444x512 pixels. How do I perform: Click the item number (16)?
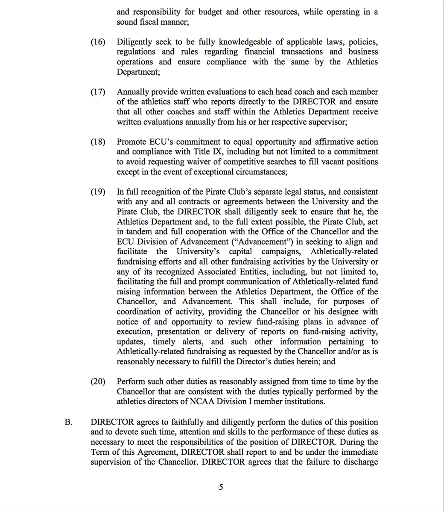(98, 42)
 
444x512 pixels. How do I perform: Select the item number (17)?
(98, 92)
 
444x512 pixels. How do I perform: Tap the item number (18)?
(98, 142)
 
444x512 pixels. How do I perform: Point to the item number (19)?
(98, 192)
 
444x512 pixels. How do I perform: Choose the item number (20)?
(98, 381)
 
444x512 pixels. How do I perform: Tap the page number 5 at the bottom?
(221, 487)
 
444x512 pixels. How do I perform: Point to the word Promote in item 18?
(132, 142)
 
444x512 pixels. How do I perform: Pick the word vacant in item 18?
(324, 162)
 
